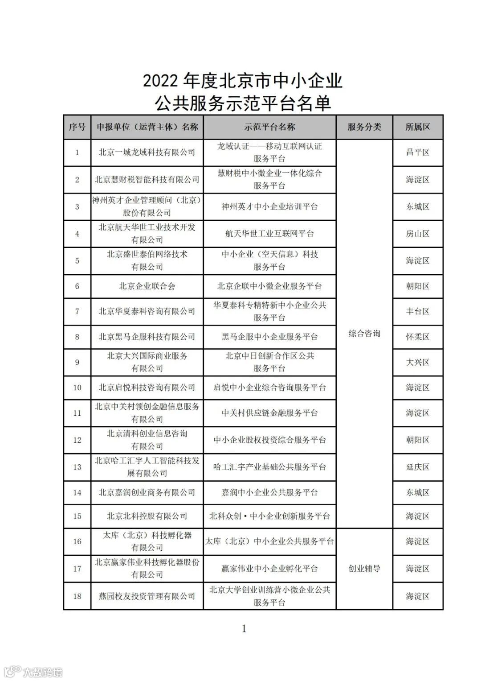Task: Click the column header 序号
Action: click(77, 127)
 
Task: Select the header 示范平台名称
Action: click(269, 127)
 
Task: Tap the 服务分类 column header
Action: click(364, 127)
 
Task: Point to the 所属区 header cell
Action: click(418, 127)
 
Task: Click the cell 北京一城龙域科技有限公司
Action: click(147, 153)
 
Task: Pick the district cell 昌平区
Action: click(418, 153)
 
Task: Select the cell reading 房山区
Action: click(418, 234)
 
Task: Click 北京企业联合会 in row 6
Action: click(147, 286)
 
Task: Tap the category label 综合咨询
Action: click(364, 334)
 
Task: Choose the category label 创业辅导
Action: click(364, 569)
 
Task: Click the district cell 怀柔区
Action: click(418, 337)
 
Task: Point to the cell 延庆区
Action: click(418, 467)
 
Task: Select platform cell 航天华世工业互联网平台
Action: click(269, 234)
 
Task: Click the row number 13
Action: click(77, 467)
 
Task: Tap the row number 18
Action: click(77, 596)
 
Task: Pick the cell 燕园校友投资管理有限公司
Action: click(147, 596)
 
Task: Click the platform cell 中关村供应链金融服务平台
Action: click(269, 413)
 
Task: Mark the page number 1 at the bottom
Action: click(244, 629)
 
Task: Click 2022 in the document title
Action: click(161, 81)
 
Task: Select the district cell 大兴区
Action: click(418, 362)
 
